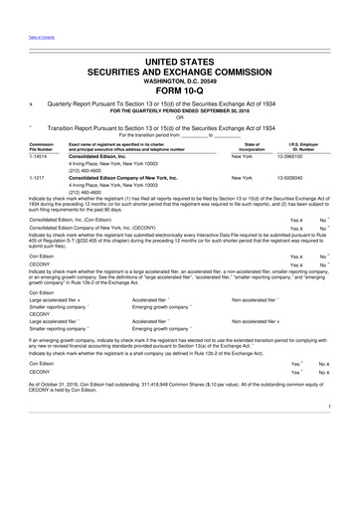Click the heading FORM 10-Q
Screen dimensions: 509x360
click(179, 93)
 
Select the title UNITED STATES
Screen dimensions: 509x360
click(179, 62)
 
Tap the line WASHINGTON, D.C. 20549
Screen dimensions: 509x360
click(179, 83)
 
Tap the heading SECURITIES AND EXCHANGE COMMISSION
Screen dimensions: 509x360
click(179, 73)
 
